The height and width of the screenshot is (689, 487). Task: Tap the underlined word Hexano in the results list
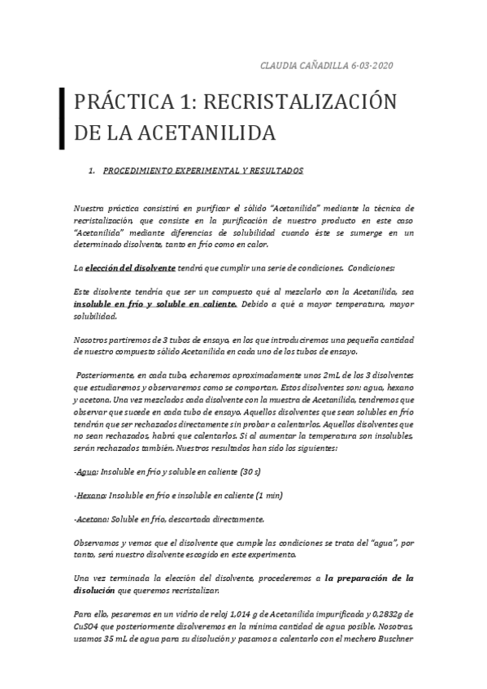[x=90, y=496]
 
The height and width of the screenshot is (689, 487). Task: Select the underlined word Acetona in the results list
[x=91, y=518]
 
